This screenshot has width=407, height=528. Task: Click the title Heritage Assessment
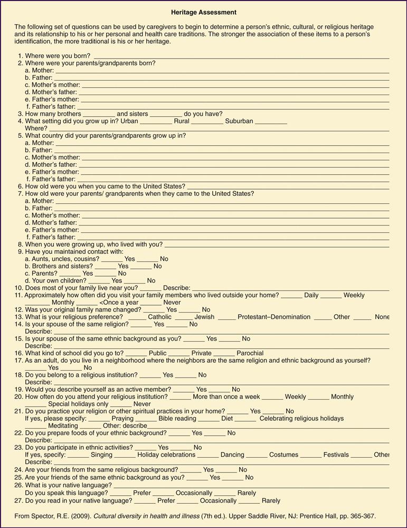204,12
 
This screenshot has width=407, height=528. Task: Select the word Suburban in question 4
239,121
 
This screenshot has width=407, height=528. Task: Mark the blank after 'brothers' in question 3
99,115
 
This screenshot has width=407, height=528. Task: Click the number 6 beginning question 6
20,186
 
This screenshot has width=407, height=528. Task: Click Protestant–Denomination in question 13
274,317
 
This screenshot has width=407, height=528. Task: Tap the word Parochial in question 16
250,353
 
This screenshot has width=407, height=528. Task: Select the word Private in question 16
201,353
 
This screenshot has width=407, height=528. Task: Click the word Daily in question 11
311,295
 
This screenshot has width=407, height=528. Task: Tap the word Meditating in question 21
63,426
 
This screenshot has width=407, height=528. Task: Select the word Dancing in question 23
232,455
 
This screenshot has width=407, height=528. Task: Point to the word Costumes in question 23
283,455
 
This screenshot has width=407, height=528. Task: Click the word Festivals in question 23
336,455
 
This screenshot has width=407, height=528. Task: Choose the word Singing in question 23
101,455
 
